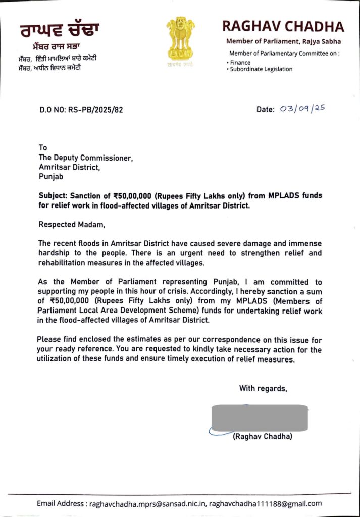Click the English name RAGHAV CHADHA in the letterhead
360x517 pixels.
(x=283, y=26)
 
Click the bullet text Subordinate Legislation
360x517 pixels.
(x=261, y=69)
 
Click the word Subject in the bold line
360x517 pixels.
(x=54, y=195)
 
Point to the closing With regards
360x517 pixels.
(x=263, y=388)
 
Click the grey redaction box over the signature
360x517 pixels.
(x=260, y=418)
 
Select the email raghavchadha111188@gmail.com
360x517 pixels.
(x=265, y=503)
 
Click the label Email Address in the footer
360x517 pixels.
(x=61, y=503)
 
